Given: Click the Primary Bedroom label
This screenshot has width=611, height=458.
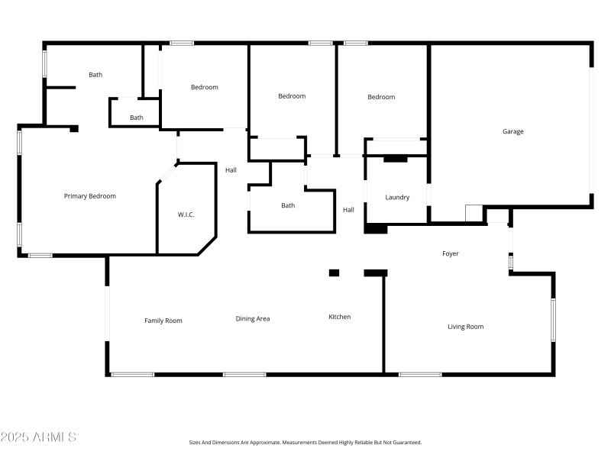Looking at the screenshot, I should [90, 196].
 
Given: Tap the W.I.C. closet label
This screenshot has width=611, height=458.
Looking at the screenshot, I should [186, 214].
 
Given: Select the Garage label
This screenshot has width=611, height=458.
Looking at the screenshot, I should [512, 131].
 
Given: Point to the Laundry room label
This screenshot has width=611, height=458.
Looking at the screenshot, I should [397, 197].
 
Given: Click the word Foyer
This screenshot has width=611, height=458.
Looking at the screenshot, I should [451, 253].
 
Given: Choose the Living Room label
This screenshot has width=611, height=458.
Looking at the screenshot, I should [465, 327].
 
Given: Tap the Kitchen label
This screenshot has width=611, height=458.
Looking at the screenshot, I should [340, 317].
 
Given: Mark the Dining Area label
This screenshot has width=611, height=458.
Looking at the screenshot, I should [253, 318].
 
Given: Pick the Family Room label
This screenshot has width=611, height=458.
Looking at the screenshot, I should [163, 321].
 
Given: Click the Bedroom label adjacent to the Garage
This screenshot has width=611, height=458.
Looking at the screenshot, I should [381, 97].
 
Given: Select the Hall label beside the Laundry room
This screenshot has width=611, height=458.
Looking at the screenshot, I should [348, 210].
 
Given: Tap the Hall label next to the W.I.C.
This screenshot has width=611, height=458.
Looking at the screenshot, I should [231, 169].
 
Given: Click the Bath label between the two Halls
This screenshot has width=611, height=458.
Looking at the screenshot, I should [288, 205].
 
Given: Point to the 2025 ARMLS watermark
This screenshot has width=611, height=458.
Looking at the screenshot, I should [38, 437].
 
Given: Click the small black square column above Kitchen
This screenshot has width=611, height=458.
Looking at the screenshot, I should [334, 273].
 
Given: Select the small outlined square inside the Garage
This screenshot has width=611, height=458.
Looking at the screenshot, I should [474, 212].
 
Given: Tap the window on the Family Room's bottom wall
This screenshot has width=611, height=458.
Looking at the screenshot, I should [132, 374].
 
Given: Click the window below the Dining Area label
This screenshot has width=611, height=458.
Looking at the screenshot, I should [244, 374].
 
